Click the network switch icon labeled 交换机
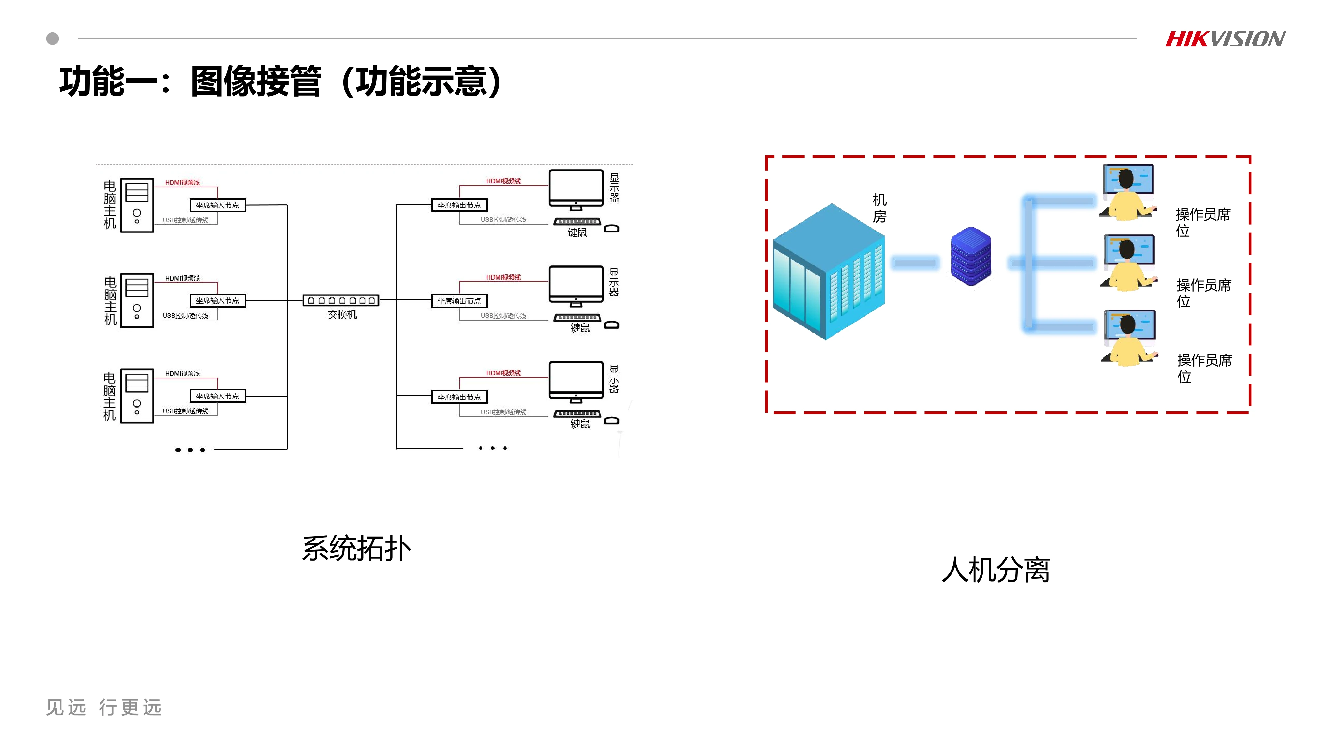(341, 300)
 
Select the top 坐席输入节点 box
(218, 205)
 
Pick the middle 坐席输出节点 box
(459, 301)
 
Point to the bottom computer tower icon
(136, 396)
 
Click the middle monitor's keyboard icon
(577, 318)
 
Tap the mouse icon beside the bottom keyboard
(612, 421)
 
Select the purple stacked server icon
(971, 256)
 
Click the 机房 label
(880, 208)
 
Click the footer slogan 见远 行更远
(104, 707)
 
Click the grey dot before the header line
(53, 38)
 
